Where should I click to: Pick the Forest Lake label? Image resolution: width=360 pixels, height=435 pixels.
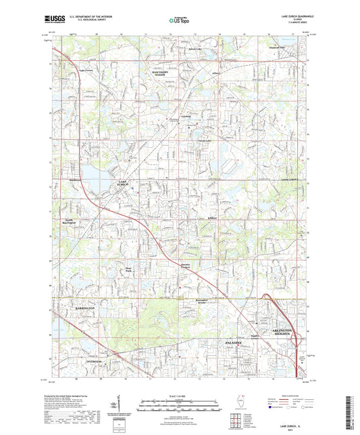(195, 140)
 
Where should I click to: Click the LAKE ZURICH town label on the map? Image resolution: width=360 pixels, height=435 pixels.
(122, 184)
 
